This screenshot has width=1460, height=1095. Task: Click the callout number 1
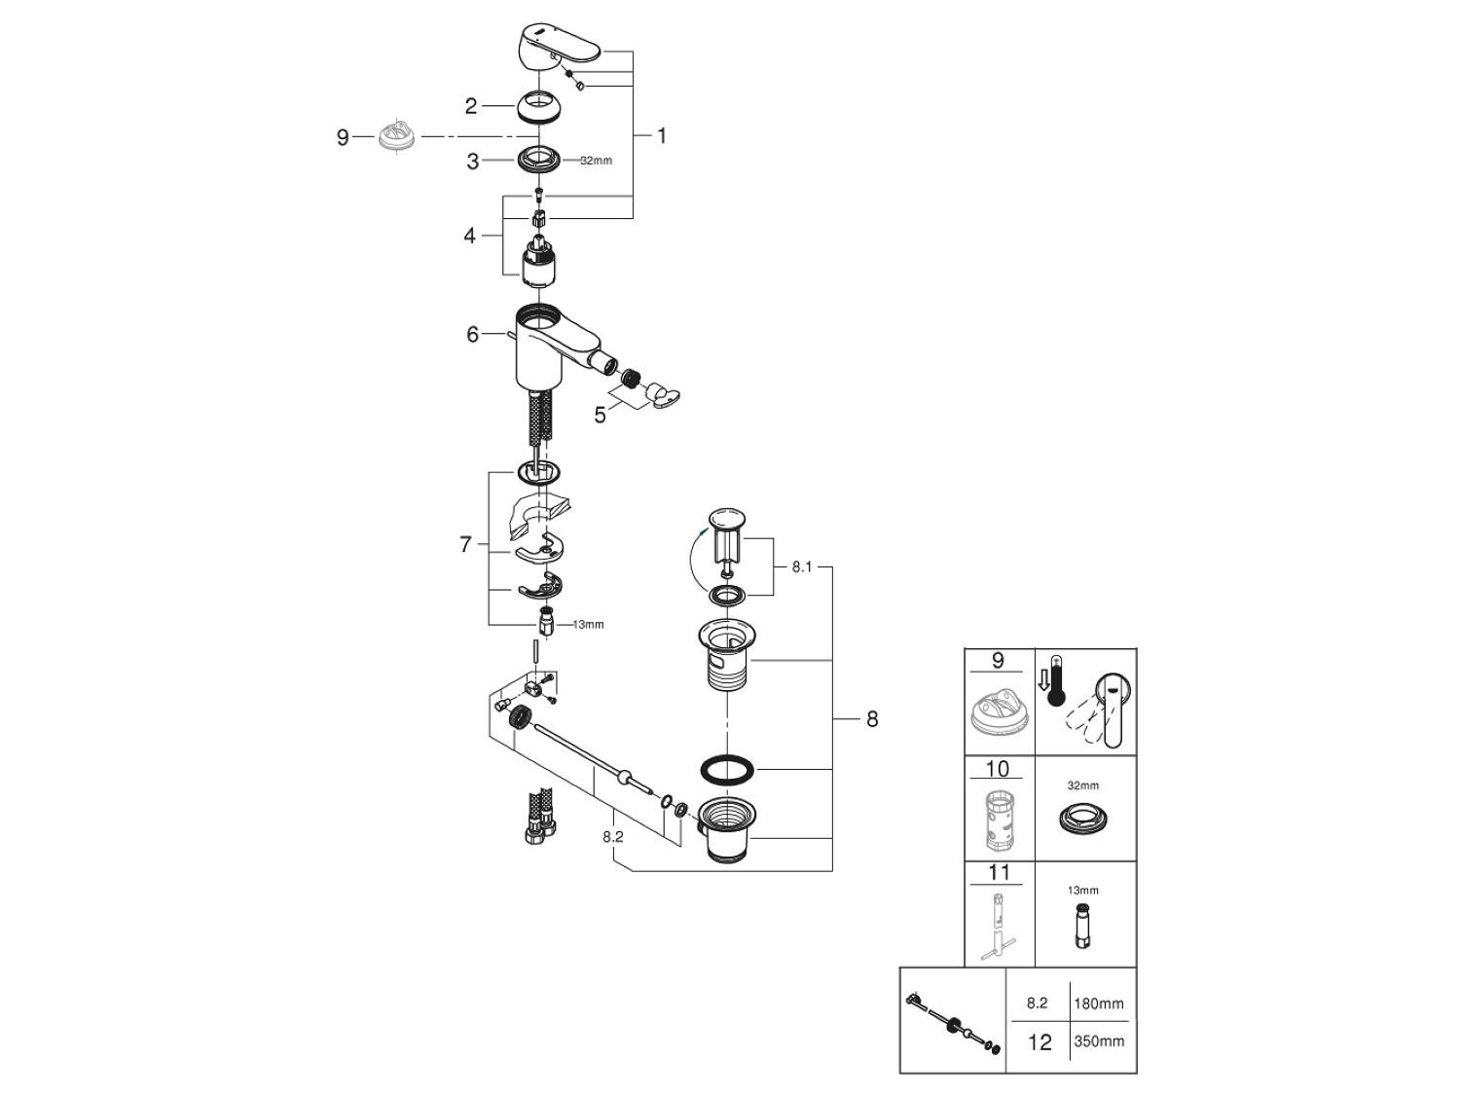[662, 135]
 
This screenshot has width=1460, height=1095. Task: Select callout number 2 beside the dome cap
[471, 106]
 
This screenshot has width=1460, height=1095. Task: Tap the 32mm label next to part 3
[596, 161]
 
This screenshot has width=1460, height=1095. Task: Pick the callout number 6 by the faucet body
[473, 335]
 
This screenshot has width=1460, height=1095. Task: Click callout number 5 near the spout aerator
[600, 415]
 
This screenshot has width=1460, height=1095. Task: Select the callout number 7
[466, 545]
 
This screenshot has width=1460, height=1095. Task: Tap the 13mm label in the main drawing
[587, 625]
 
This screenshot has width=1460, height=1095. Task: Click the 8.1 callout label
[801, 566]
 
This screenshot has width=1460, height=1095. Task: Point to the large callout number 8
[871, 719]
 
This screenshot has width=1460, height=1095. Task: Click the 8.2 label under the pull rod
[612, 836]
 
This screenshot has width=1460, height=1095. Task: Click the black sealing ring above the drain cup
[728, 768]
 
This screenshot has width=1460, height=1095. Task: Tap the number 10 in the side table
[998, 769]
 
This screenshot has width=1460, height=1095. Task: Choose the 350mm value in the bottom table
[1099, 1041]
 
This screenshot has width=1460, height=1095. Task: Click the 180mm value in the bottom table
[1099, 1003]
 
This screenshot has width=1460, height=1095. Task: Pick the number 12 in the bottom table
[1040, 1041]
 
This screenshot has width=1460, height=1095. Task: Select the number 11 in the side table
[998, 873]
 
